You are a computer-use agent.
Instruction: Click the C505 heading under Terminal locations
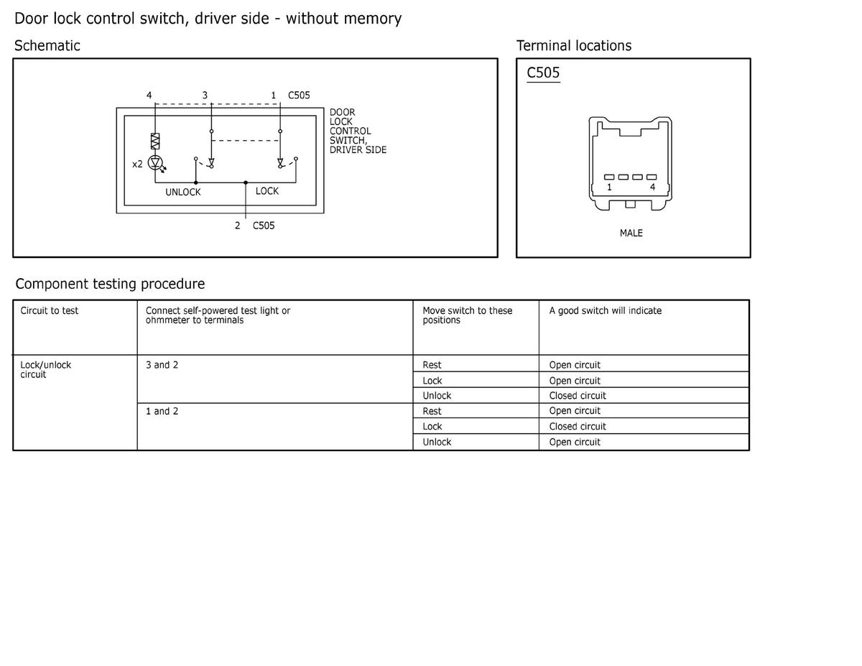[x=543, y=73]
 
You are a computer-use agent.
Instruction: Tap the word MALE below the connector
[x=631, y=233]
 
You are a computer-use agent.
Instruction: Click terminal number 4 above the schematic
[x=149, y=95]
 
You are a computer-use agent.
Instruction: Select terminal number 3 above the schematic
[x=205, y=95]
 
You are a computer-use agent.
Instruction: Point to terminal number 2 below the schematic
[x=237, y=226]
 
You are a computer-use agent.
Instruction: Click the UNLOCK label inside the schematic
[x=183, y=192]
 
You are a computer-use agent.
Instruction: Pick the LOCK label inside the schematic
[x=267, y=191]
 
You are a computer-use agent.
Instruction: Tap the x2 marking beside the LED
[x=137, y=164]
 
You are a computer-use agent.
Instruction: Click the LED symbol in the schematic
[x=154, y=163]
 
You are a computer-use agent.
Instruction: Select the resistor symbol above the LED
[x=154, y=140]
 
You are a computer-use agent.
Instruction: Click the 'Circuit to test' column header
[x=50, y=310]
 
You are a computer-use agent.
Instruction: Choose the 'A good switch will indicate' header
[x=606, y=310]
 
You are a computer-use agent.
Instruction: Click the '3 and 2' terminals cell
[x=162, y=365]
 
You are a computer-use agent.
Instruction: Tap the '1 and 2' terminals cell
[x=162, y=411]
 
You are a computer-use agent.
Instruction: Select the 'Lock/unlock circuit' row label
[x=46, y=369]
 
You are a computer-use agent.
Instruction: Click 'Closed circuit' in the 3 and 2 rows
[x=578, y=396]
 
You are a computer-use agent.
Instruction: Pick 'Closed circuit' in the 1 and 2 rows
[x=578, y=426]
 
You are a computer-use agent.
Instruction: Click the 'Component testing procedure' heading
[x=110, y=284]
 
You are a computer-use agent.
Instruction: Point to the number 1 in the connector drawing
[x=609, y=188]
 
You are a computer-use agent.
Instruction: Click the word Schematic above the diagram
[x=47, y=46]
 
